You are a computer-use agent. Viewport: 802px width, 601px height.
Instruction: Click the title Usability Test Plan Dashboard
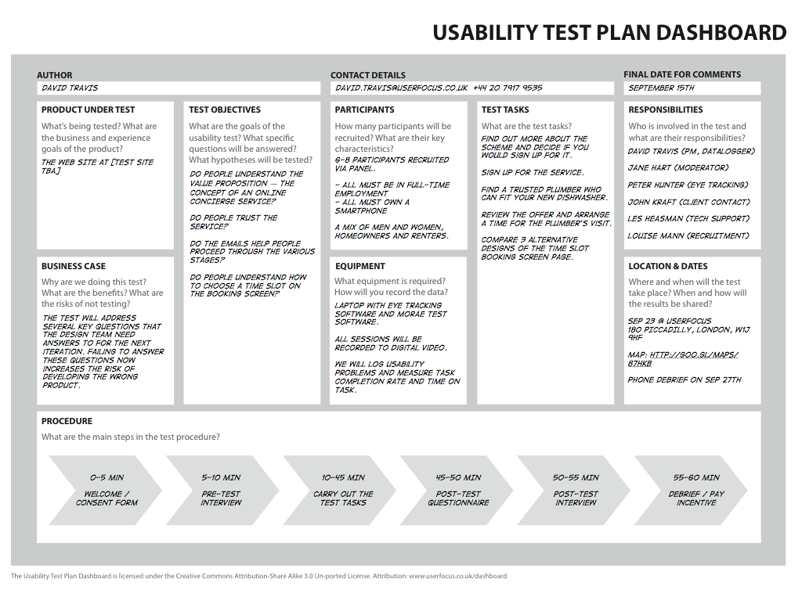tap(609, 32)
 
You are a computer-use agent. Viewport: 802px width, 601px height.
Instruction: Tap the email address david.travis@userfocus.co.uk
tap(401, 88)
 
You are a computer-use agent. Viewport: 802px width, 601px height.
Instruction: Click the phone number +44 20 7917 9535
tap(508, 88)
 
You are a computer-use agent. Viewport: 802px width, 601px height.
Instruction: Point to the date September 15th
tap(661, 88)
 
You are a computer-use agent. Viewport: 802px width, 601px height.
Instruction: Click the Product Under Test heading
tap(88, 110)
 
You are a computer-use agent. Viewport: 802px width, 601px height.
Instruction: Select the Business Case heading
tap(74, 266)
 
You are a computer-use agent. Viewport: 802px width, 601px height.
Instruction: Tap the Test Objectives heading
tap(225, 110)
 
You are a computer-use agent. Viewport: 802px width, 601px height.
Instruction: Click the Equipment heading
tap(360, 266)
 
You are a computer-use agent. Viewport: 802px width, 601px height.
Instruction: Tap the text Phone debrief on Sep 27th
tap(684, 380)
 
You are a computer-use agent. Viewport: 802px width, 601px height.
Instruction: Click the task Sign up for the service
tap(532, 173)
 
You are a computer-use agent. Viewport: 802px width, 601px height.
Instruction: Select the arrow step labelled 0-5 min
tap(106, 490)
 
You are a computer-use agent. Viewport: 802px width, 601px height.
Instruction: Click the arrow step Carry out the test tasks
tap(342, 490)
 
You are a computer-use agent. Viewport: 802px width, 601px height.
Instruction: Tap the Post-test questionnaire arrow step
tap(458, 490)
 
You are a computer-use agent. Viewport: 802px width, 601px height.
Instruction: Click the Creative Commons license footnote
tap(258, 576)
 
